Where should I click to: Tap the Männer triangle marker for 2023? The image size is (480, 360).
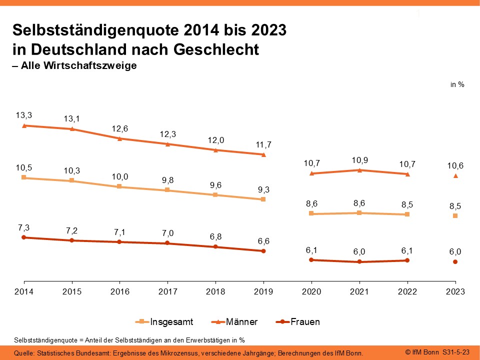(x=455, y=176)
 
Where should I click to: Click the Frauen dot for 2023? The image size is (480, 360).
(x=455, y=262)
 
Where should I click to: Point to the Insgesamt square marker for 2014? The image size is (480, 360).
(x=23, y=177)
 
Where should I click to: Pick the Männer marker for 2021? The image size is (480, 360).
(x=359, y=170)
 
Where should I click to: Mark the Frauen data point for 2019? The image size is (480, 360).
(x=263, y=251)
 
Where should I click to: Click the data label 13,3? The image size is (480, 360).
(x=23, y=115)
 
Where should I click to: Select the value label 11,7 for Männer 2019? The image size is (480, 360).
(x=263, y=144)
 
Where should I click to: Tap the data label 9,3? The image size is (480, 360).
(x=263, y=189)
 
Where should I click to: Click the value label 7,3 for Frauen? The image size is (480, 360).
(x=23, y=227)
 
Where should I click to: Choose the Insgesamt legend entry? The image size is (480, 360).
(x=165, y=322)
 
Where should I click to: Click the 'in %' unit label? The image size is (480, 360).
(x=457, y=84)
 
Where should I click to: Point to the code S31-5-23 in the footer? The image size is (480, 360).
(x=456, y=352)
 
